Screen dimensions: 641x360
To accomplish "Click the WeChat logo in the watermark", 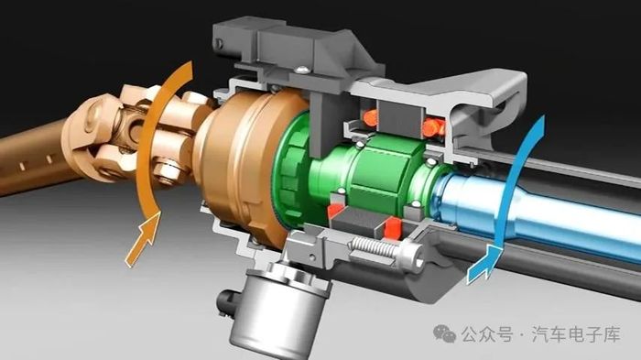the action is coord(445,333).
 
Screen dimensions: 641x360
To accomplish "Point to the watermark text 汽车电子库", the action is coord(576,334).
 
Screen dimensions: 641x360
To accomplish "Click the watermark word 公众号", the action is coord(487,334).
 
